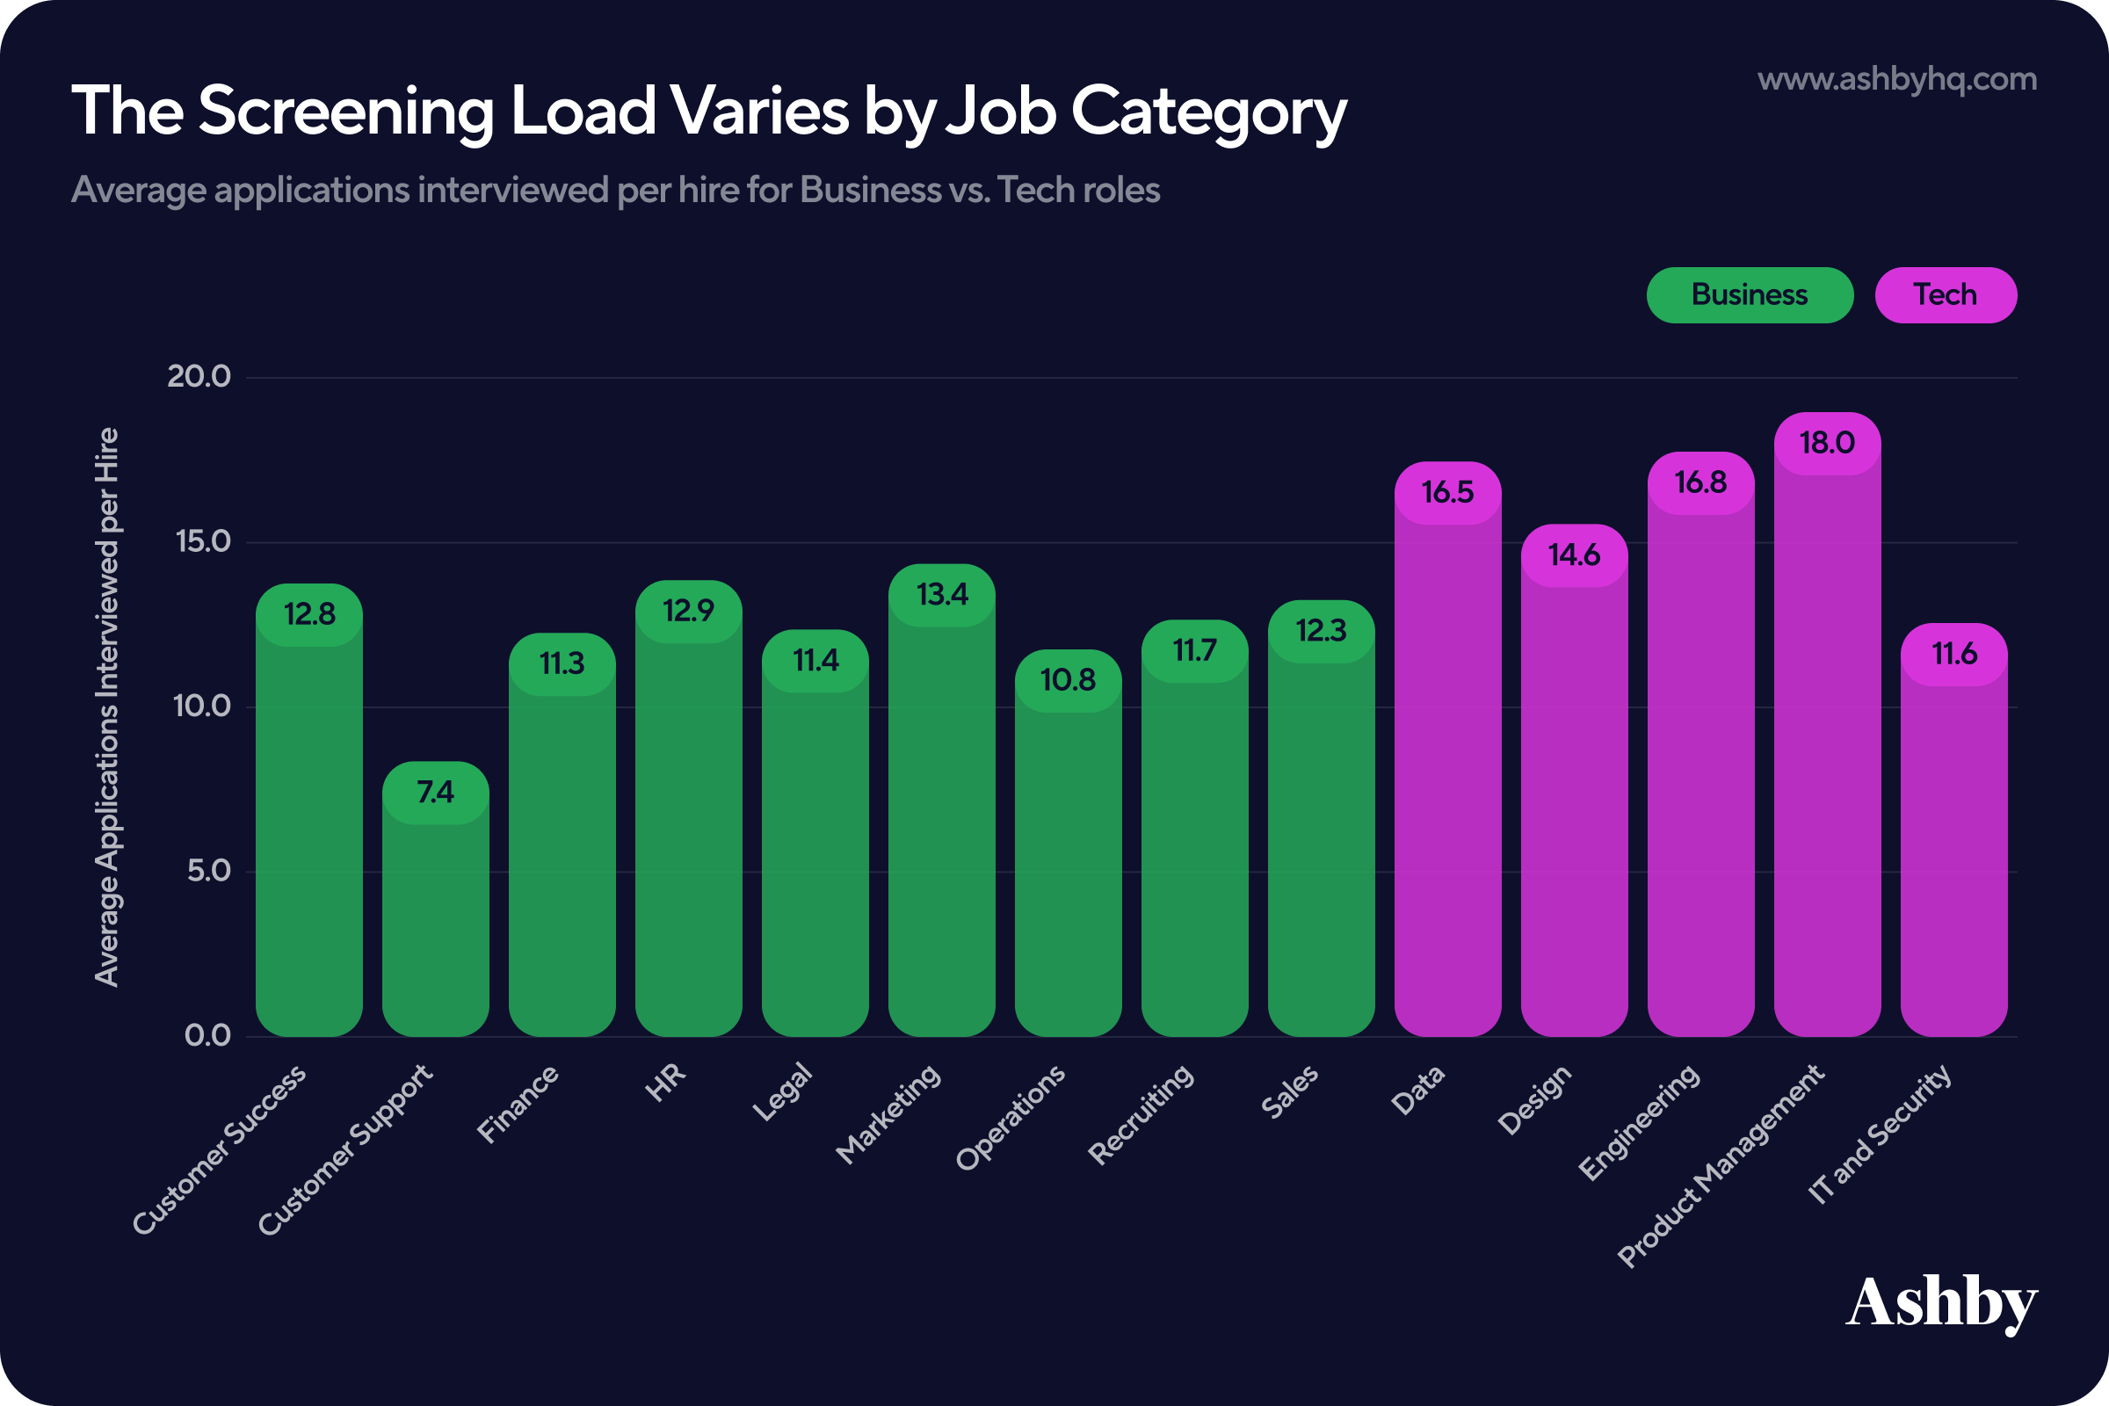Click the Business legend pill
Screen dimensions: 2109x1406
pyautogui.click(x=1750, y=295)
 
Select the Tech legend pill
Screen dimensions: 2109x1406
pyautogui.click(x=1946, y=295)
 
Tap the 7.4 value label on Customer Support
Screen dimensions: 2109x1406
pyautogui.click(x=436, y=793)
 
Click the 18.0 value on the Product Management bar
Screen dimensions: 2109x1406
pyautogui.click(x=1828, y=443)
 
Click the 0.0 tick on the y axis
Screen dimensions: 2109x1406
pyautogui.click(x=208, y=1036)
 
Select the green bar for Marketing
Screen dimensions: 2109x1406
pyautogui.click(x=941, y=800)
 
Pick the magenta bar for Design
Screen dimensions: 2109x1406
pyautogui.click(x=1575, y=780)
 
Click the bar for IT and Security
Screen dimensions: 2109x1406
pyautogui.click(x=1953, y=830)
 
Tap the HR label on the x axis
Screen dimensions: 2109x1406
pyautogui.click(x=665, y=1083)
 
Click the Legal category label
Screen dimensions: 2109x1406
pyautogui.click(x=782, y=1092)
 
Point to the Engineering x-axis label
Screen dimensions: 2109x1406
pyautogui.click(x=1638, y=1122)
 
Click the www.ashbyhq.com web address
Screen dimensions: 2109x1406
pyautogui.click(x=1897, y=80)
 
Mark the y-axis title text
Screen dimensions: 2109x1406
pyautogui.click(x=106, y=707)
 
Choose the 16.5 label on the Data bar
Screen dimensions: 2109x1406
pyautogui.click(x=1448, y=492)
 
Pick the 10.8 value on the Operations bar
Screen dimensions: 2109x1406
pyautogui.click(x=1068, y=680)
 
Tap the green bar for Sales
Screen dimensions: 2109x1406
pyautogui.click(x=1321, y=819)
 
